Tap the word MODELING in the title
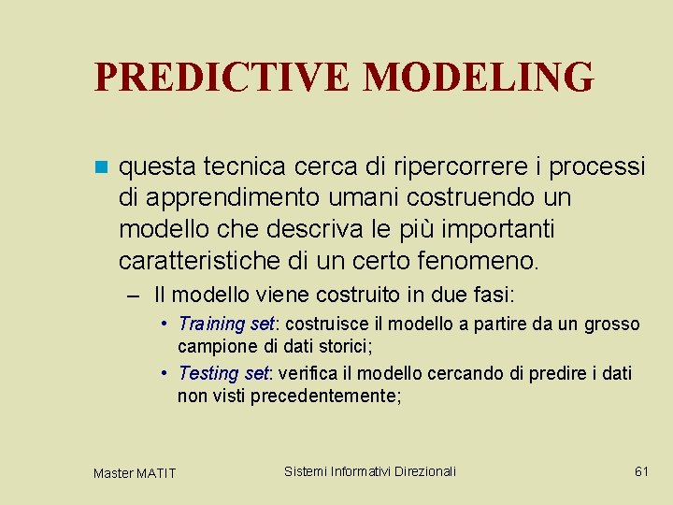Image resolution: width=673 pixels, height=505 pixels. (478, 78)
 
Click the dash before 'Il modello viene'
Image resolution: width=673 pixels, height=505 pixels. (135, 296)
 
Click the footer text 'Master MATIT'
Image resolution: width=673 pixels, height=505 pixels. (134, 473)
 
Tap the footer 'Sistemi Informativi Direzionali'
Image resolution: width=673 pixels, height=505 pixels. (370, 471)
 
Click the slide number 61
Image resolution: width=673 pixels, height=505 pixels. (641, 471)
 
